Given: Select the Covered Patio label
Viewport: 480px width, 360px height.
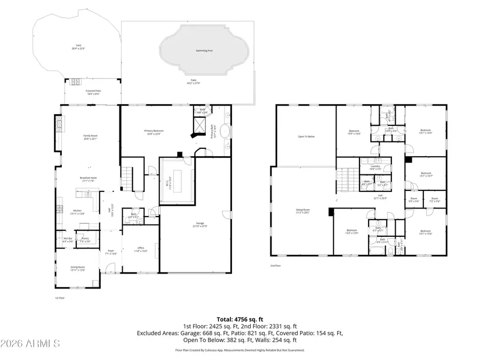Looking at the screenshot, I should point(93,91).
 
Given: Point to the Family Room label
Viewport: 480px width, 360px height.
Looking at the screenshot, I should point(90,136).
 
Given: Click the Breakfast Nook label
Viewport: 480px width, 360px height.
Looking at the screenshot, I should point(89,178).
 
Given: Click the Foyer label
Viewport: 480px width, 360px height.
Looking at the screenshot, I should point(111,250).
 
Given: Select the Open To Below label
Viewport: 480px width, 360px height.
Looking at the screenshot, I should point(306,136).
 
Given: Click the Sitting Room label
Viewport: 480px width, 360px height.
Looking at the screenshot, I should point(303,210).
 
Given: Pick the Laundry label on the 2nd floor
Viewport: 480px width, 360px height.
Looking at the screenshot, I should point(375,166).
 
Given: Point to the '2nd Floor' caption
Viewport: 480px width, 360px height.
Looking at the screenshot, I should point(275,265).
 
